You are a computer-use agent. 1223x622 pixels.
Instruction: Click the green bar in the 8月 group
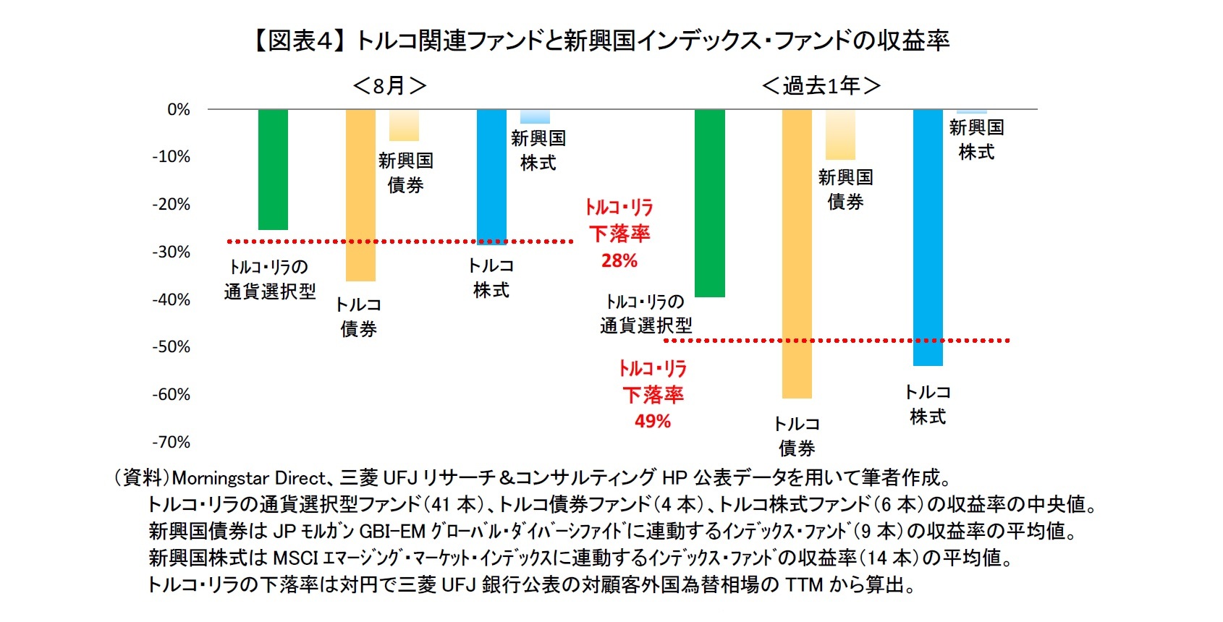pyautogui.click(x=273, y=170)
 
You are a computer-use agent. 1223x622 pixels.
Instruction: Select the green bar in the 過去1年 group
pyautogui.click(x=709, y=203)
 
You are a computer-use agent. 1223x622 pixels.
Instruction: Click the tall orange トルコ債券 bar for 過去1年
pyautogui.click(x=797, y=253)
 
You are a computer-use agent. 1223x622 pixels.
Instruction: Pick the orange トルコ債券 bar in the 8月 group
pyautogui.click(x=360, y=195)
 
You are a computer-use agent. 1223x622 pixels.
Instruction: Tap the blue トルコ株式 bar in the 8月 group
pyautogui.click(x=491, y=176)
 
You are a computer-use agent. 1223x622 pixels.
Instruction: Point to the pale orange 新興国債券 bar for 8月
pyautogui.click(x=404, y=126)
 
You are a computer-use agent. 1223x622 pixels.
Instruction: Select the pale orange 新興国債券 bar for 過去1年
pyautogui.click(x=840, y=135)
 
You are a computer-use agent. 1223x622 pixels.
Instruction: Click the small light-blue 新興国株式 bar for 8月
pyautogui.click(x=535, y=117)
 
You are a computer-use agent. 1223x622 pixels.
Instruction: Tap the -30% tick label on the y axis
pyautogui.click(x=171, y=252)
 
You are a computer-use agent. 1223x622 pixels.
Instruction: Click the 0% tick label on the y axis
pyautogui.click(x=178, y=110)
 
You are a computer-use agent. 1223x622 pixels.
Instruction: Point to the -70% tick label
pyautogui.click(x=171, y=442)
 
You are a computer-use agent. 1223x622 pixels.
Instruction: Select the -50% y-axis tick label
pyautogui.click(x=171, y=347)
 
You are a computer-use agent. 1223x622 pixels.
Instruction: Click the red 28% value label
pyautogui.click(x=619, y=261)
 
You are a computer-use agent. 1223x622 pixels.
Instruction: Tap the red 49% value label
pyautogui.click(x=653, y=422)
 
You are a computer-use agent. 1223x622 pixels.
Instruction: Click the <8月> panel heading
pyautogui.click(x=389, y=86)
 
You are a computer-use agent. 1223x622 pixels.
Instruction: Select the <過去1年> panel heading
pyautogui.click(x=821, y=86)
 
